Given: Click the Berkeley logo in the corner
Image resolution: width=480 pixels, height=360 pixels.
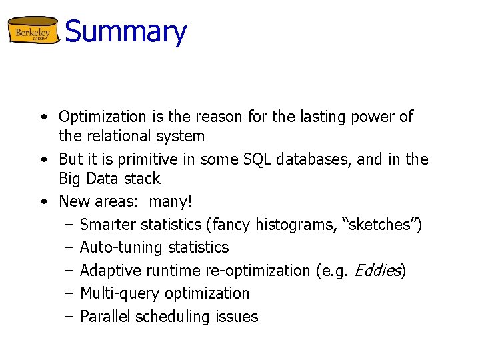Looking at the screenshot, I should (33, 31).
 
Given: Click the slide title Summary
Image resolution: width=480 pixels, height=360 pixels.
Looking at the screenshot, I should (126, 31).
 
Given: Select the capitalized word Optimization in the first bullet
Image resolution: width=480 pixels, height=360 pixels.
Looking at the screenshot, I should (102, 117).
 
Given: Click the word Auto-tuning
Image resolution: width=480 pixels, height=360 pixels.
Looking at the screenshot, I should (121, 247).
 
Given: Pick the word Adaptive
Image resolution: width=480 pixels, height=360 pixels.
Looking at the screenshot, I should (109, 271).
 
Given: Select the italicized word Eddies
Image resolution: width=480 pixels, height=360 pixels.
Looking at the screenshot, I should (377, 271).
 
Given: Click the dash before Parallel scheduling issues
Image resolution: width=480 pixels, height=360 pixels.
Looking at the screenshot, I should (68, 316).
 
